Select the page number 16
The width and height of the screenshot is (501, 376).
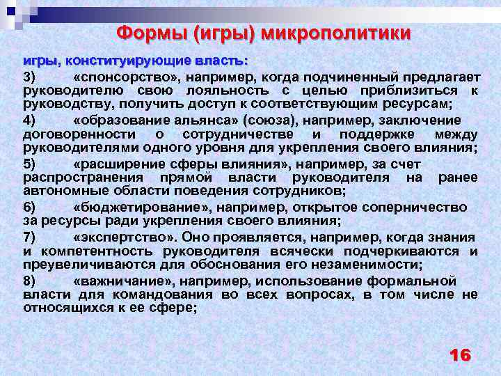coord(460,355)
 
